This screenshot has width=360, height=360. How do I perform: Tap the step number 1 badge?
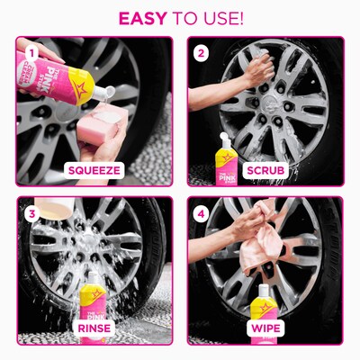pos(31,53)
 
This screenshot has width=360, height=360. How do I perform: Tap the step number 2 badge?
pos(202,53)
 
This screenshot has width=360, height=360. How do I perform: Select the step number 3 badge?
pos(31,213)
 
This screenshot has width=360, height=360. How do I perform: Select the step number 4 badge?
pos(202,213)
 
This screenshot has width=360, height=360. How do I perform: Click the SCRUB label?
pos(265,168)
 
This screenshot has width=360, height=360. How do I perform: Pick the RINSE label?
pos(94,328)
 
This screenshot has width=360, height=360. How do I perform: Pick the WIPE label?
pos(265,328)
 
